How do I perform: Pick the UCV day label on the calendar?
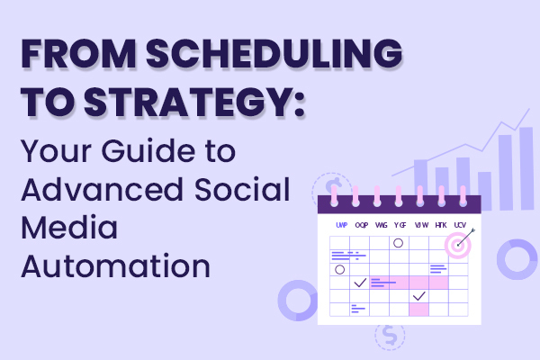[x=461, y=224]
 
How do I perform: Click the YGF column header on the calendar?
[x=400, y=224]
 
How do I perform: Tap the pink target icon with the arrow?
[x=461, y=243]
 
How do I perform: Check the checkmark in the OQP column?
[x=360, y=283]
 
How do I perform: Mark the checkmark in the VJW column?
[x=419, y=296]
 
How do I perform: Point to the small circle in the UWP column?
[x=339, y=269]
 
